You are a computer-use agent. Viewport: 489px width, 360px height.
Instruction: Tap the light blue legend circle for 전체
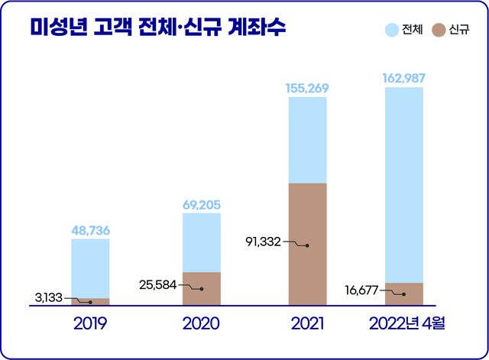(x=392, y=31)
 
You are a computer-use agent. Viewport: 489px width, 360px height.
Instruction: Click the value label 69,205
(x=201, y=204)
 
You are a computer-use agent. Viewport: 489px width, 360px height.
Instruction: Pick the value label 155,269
(x=307, y=88)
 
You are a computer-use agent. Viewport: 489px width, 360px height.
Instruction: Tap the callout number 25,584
(x=157, y=284)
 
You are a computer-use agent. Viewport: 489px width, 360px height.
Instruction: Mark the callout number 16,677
(x=361, y=290)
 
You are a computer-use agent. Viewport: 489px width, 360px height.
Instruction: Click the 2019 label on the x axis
(x=90, y=324)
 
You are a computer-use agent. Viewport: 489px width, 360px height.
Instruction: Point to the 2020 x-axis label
(x=201, y=324)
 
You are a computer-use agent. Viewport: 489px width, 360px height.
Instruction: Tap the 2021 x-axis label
(x=307, y=324)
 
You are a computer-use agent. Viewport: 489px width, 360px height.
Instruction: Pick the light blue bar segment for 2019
(x=90, y=268)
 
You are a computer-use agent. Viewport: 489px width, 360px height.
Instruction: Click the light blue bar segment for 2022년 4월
(x=403, y=183)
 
